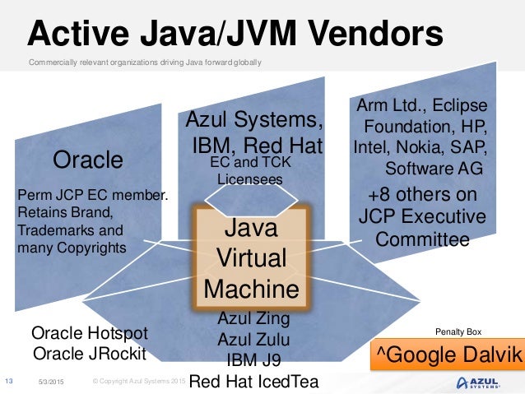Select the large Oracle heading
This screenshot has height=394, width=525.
(87, 160)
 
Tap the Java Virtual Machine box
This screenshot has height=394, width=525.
(250, 257)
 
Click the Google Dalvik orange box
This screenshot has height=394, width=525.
(448, 355)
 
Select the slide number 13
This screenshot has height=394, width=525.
(10, 381)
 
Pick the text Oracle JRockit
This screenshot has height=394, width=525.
(89, 354)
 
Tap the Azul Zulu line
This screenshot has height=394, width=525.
(253, 339)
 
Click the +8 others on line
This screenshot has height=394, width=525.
(422, 195)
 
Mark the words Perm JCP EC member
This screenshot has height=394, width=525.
(92, 195)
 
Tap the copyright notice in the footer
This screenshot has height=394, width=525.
(136, 382)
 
